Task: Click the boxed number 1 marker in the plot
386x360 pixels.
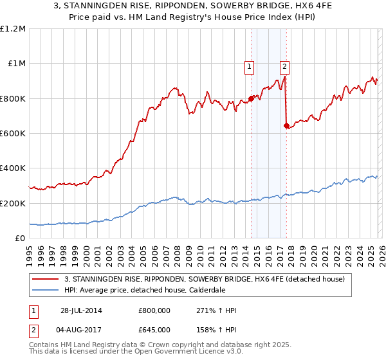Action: point(248,65)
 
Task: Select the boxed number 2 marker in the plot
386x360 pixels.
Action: point(284,65)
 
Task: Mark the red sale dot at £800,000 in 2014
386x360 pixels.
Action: point(251,98)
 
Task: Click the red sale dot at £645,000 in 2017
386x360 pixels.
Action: point(286,125)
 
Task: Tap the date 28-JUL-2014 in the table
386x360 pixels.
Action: point(81,310)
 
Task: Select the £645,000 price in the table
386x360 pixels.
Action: point(155,328)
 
